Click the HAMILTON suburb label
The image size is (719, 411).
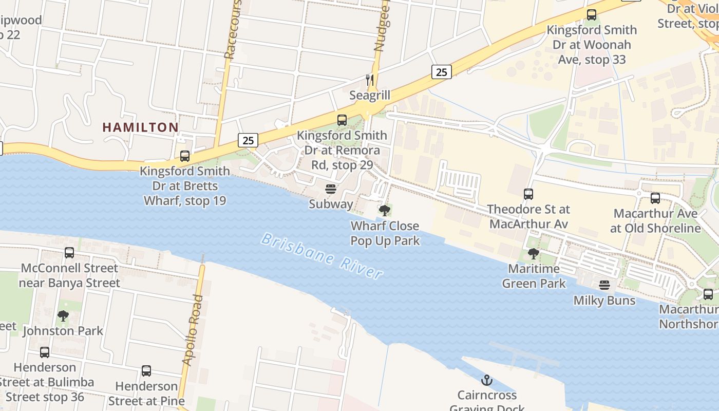coord(140,127)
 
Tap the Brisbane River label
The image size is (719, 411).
coord(322,255)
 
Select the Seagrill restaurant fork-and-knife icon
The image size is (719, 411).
coord(369,80)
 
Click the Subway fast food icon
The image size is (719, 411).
coord(331,189)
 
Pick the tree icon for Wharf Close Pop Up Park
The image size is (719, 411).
coord(384,210)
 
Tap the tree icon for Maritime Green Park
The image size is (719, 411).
coord(534,253)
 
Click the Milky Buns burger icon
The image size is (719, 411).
coord(604,285)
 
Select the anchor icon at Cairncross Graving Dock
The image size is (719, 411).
coord(486,380)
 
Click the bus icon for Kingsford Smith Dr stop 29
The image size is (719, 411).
coord(342,120)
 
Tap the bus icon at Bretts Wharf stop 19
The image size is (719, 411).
coord(185,156)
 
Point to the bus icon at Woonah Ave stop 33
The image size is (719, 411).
coord(592,15)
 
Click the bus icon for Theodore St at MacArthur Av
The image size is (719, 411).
coord(528,194)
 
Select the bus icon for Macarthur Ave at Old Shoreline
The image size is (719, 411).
coord(655,198)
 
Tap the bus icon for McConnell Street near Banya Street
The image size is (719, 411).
coord(69,253)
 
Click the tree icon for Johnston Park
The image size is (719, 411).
coord(63,316)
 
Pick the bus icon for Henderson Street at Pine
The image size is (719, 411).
coord(146,371)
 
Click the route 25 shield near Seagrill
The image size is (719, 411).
coord(441,72)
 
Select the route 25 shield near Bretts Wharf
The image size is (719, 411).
coord(248,140)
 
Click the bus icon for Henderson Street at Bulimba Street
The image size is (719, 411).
coord(45,352)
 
